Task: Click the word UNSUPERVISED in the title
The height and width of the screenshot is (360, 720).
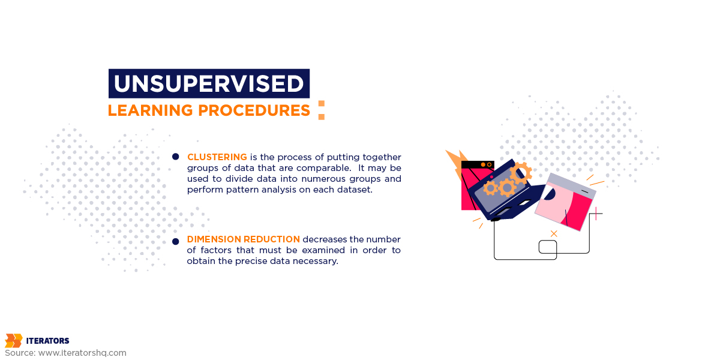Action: [209, 83]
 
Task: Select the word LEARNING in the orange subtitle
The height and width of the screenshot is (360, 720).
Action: [150, 110]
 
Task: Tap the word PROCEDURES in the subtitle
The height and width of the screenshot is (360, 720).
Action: [254, 110]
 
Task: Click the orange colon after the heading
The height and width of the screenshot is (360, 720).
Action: [322, 110]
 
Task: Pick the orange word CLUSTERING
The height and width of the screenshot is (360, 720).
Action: [217, 157]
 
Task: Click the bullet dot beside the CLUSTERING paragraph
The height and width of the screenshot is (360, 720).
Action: [175, 157]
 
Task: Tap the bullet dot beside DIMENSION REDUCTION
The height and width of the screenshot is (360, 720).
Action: [175, 241]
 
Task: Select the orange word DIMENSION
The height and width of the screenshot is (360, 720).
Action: [214, 239]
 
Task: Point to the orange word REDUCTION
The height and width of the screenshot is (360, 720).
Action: [272, 239]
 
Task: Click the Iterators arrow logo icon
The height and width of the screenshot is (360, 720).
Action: [14, 340]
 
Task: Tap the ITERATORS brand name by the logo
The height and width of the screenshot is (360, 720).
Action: [47, 341]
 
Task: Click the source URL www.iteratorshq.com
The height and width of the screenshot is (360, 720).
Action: [82, 353]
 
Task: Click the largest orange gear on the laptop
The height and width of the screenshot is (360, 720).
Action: [521, 173]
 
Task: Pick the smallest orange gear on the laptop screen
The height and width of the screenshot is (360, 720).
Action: [491, 188]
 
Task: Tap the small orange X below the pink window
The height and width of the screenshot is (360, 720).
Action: [553, 233]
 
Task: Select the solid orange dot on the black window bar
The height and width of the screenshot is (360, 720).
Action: [483, 164]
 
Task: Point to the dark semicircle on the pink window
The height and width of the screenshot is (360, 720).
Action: [550, 194]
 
